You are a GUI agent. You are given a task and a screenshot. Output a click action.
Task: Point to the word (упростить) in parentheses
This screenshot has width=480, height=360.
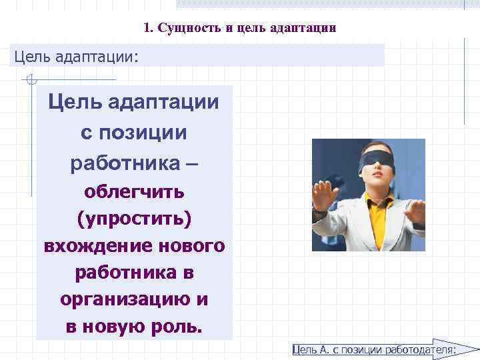tap(134, 219)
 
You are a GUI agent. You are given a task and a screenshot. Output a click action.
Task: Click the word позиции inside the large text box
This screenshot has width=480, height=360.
tap(143, 132)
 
